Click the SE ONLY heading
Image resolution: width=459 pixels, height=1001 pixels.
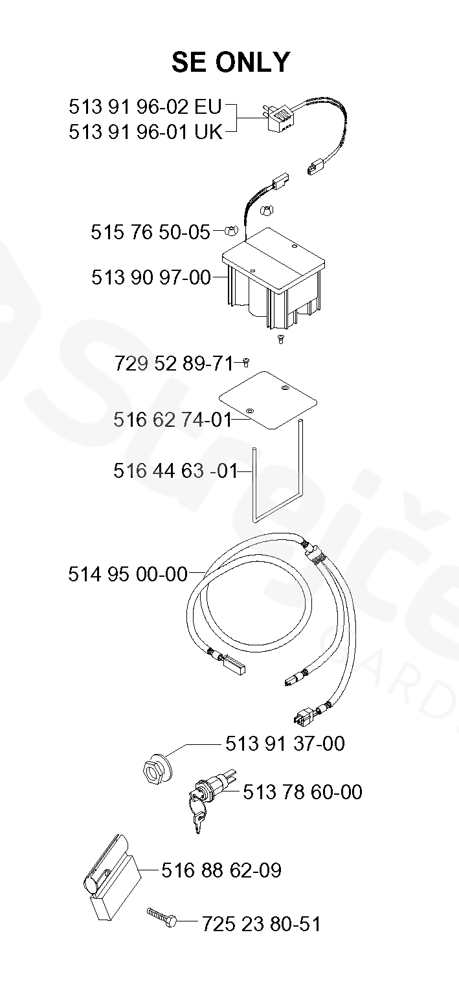click(x=231, y=62)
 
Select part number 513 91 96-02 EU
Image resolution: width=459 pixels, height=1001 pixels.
click(x=146, y=107)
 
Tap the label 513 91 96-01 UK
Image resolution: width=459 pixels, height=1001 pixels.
click(x=146, y=132)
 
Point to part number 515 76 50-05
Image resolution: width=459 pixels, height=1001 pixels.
click(x=150, y=232)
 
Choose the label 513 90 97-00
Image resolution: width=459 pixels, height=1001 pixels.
click(x=151, y=277)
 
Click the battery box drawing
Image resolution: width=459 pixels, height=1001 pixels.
click(x=273, y=279)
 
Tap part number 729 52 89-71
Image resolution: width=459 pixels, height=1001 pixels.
click(x=174, y=364)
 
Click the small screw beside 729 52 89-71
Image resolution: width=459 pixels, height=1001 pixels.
click(x=245, y=363)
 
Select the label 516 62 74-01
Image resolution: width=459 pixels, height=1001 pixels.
click(x=173, y=420)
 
